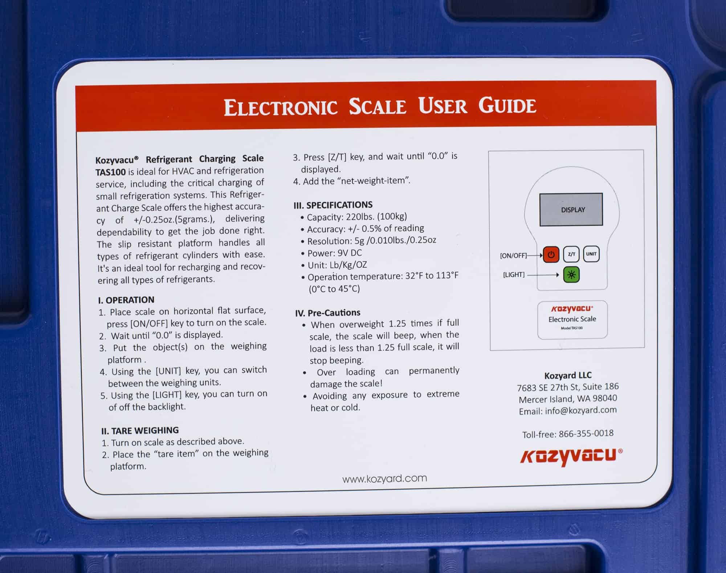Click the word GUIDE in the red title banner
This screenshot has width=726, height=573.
coord(507,106)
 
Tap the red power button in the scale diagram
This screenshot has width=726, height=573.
coord(551,254)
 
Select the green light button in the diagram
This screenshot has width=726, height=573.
coord(571,275)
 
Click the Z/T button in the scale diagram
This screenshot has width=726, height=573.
coord(571,254)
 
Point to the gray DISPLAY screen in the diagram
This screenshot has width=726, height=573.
coord(571,210)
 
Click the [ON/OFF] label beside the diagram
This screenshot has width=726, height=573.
coord(513,255)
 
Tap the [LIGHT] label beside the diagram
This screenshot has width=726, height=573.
coord(514,275)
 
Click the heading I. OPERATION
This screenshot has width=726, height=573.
coord(126,300)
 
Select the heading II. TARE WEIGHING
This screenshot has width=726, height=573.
coord(140,431)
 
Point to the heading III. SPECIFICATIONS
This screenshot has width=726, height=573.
coord(333,205)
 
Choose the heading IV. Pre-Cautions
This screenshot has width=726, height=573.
coord(327,313)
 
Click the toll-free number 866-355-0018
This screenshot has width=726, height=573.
coord(586,434)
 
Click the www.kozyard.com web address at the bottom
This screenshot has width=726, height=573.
coord(384,479)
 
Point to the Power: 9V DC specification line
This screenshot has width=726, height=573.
coord(334,253)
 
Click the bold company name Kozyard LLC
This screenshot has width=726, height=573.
coord(568,375)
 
